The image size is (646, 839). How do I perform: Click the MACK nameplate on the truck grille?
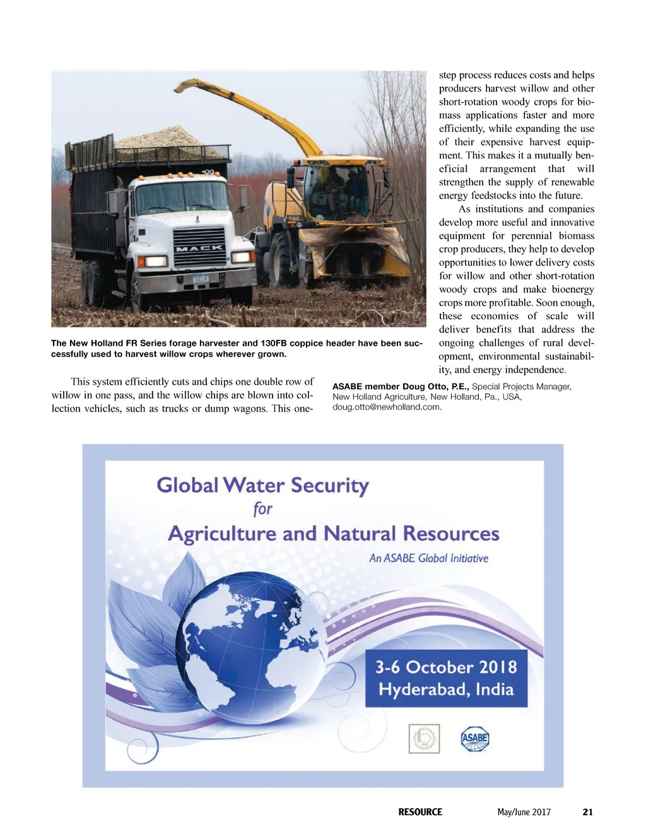pos(199,248)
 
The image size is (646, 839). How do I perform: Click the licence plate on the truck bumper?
pos(201,278)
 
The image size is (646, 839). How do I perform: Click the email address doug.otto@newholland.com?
pos(387,407)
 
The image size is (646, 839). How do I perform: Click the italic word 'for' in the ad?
pos(262,509)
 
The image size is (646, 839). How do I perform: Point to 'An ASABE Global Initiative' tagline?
pos(428,558)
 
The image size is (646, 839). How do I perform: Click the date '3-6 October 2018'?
pos(446,667)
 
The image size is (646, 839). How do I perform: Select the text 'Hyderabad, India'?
pos(446,689)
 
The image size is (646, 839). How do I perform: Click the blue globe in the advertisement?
pos(252,650)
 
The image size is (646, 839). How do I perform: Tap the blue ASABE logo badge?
pos(475,738)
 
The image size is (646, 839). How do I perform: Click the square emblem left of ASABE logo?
pos(424,738)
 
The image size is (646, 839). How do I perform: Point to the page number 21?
pos(587,812)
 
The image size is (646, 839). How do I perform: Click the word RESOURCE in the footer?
pos(420,812)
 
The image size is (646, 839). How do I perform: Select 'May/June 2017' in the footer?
pos(524,812)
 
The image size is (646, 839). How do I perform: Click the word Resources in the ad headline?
pos(451,534)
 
